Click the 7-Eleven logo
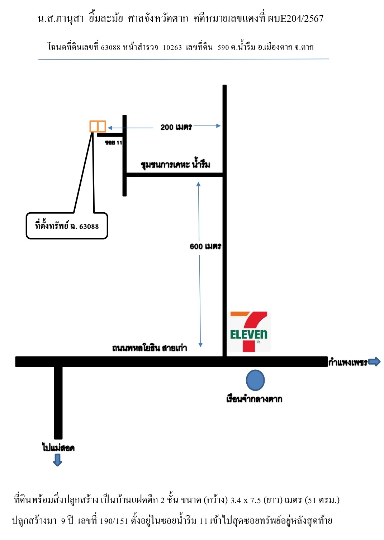pyautogui.click(x=249, y=331)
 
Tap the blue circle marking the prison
pyautogui.click(x=255, y=380)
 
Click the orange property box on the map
pyautogui.click(x=98, y=126)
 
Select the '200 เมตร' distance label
pyautogui.click(x=176, y=127)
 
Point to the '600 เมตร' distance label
pyautogui.click(x=205, y=246)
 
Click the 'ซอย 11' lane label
pyautogui.click(x=114, y=142)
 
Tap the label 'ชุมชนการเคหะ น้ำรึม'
pyautogui.click(x=175, y=164)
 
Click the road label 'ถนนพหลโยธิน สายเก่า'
pyautogui.click(x=150, y=348)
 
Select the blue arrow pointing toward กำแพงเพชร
pyautogui.click(x=374, y=361)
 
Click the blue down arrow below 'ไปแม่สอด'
pyautogui.click(x=57, y=460)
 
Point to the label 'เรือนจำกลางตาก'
pyautogui.click(x=254, y=399)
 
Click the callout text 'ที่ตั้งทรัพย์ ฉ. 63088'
pyautogui.click(x=67, y=226)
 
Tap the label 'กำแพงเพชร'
pyautogui.click(x=348, y=362)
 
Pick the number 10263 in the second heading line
pyautogui.click(x=172, y=47)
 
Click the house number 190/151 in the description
pyautogui.click(x=114, y=521)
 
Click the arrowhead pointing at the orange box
pyautogui.click(x=110, y=128)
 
